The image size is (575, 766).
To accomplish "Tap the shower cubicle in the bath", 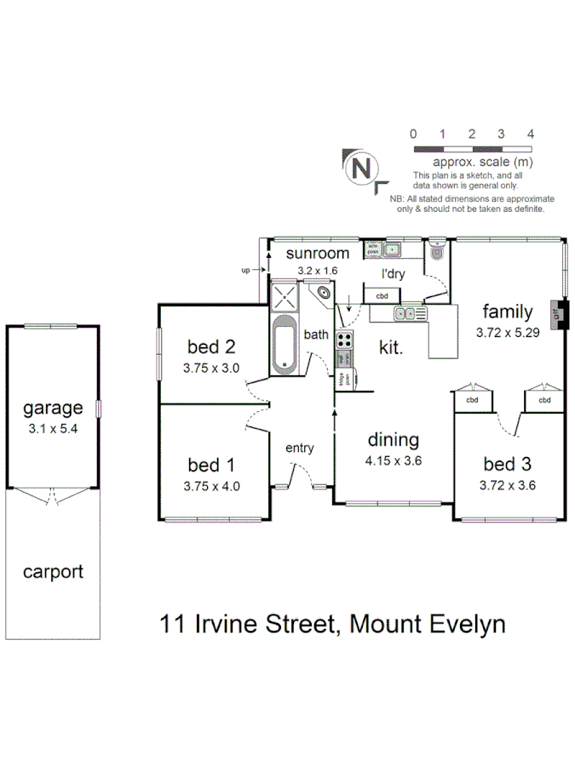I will [x=285, y=297].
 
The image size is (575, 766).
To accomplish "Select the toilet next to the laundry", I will [x=438, y=252].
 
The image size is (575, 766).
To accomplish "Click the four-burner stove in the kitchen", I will [x=345, y=340].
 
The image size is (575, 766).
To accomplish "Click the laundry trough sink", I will [x=393, y=249].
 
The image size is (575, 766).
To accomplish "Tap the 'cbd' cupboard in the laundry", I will [x=382, y=295].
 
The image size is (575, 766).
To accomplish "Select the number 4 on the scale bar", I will [x=530, y=134].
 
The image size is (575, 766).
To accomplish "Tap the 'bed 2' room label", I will [x=210, y=346].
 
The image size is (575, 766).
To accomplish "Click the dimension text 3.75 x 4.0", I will [x=210, y=487].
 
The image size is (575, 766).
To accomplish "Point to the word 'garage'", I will [x=53, y=408].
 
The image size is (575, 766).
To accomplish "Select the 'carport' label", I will [x=53, y=571].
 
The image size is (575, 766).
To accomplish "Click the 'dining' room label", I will [x=393, y=440].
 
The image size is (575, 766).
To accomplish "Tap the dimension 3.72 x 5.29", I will [x=508, y=333].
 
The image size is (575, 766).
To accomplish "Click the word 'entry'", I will [x=300, y=448].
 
